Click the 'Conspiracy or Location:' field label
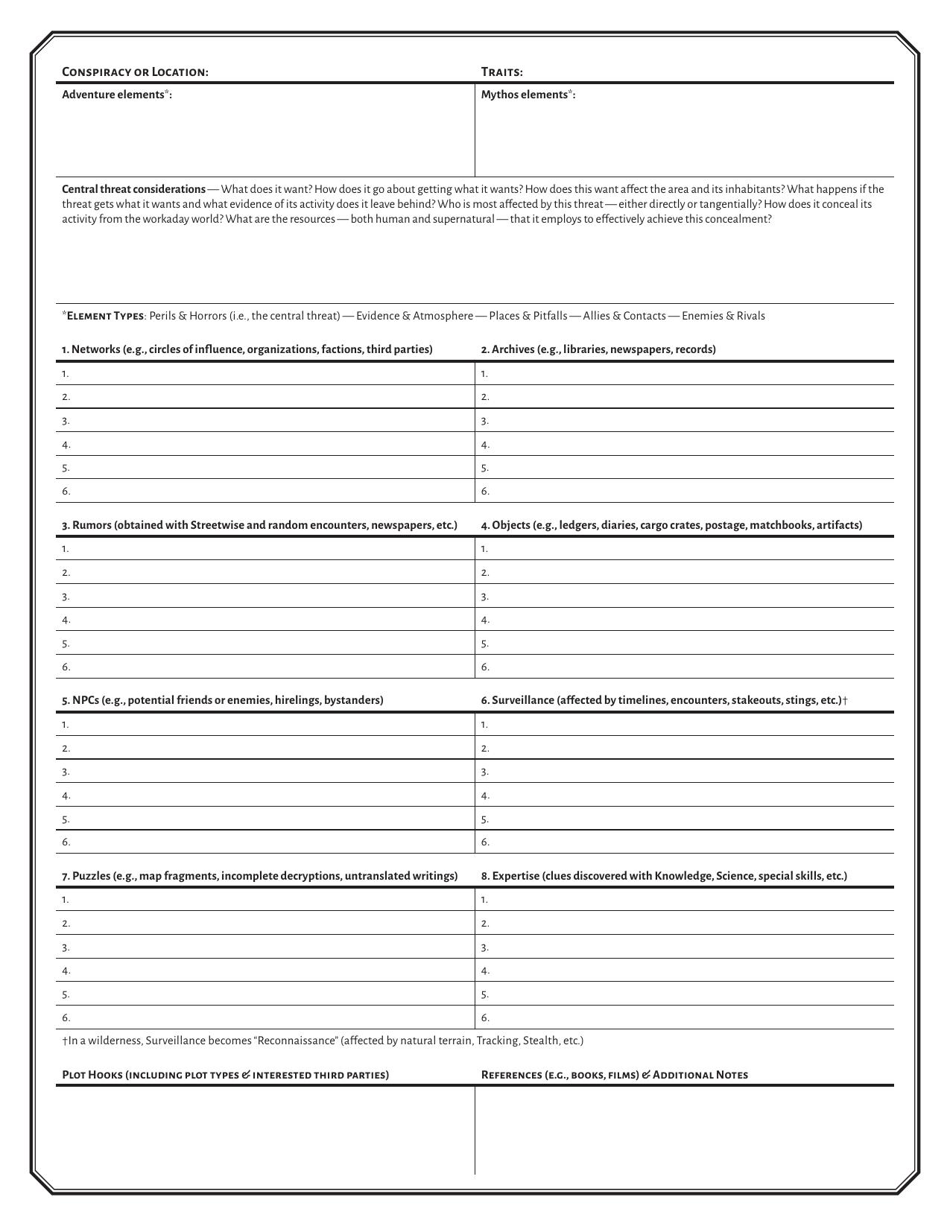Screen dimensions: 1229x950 click(135, 72)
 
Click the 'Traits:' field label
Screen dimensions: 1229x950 click(501, 72)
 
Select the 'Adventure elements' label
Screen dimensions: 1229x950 click(116, 95)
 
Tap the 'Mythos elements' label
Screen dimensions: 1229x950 click(528, 95)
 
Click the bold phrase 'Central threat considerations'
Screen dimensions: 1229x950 click(133, 189)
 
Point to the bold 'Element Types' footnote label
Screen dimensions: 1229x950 click(105, 316)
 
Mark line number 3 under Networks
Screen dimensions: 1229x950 click(66, 421)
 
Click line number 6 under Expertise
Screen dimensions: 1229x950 click(485, 1017)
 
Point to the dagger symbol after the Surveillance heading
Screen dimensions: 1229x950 click(845, 701)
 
